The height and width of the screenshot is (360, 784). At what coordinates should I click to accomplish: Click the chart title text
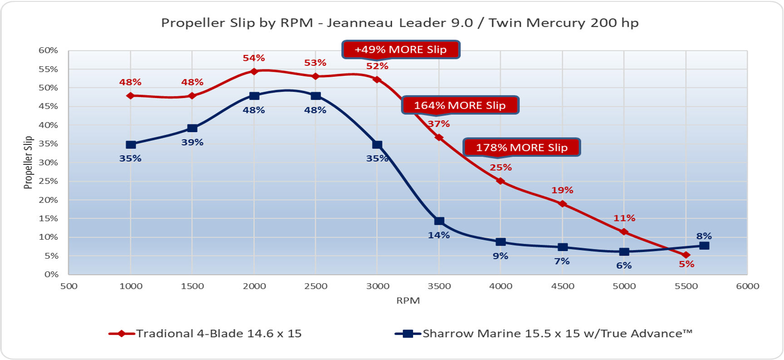pos(399,23)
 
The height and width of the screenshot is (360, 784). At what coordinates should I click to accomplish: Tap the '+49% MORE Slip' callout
pos(401,49)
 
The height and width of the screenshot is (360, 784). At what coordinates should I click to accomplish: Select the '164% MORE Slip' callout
pos(460,105)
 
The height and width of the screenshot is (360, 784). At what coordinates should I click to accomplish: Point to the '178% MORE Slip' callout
pos(522,148)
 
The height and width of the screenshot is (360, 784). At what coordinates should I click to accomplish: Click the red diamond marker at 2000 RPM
pos(254,72)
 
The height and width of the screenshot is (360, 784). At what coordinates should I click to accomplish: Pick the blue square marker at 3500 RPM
pos(439,221)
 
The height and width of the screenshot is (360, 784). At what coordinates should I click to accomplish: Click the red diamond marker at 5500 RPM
pos(686,255)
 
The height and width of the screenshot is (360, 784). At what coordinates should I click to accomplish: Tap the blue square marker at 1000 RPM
pos(131,145)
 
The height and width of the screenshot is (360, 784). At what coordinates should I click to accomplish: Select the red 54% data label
pos(254,58)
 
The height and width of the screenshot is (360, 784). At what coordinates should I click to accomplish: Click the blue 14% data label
pos(439,235)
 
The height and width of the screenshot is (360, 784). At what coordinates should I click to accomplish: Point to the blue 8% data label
pos(704,236)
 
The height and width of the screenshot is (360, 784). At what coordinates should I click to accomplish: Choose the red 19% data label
pos(562,190)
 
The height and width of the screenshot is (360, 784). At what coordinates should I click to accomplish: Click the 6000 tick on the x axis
pos(748,286)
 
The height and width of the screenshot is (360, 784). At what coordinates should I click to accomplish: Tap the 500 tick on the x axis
pos(69,286)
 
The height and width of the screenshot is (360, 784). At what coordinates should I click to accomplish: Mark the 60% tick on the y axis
pos(49,50)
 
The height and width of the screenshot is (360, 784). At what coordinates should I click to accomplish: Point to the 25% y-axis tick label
pos(49,181)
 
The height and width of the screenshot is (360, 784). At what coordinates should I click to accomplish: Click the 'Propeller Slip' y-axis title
pos(28,163)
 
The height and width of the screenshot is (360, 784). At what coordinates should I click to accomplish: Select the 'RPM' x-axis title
pos(408,301)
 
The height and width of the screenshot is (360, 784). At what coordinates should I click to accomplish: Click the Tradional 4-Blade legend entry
pos(205,334)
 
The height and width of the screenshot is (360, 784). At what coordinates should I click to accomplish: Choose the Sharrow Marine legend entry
pos(544,334)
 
